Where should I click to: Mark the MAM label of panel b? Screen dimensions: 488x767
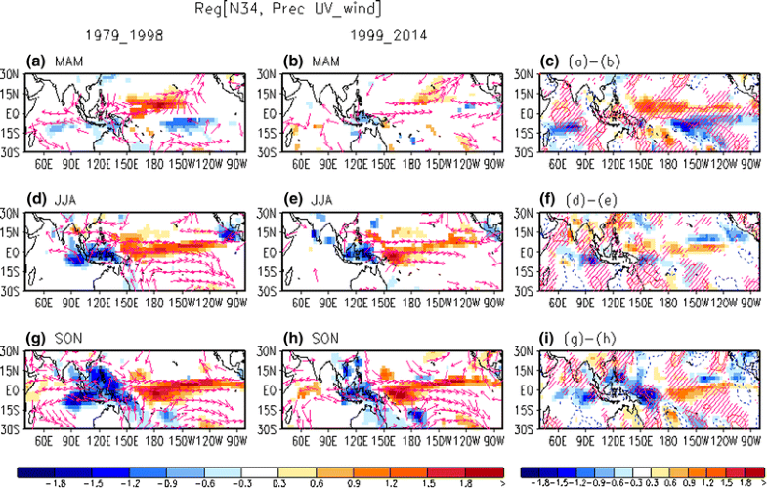(x=315, y=61)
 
